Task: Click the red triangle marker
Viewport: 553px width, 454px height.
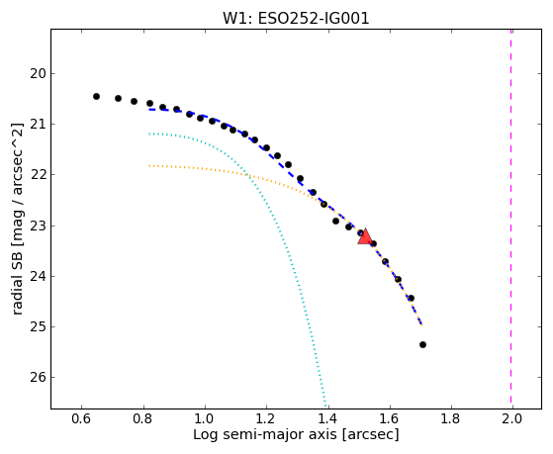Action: click(365, 237)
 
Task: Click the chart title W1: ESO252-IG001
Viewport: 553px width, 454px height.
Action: click(296, 19)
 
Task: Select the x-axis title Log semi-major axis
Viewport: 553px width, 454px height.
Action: click(264, 434)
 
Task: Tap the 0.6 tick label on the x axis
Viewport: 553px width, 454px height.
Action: click(81, 418)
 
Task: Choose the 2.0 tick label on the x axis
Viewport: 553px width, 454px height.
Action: click(512, 418)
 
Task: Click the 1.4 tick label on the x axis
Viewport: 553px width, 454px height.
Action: click(327, 418)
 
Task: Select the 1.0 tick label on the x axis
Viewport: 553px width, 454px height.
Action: click(205, 418)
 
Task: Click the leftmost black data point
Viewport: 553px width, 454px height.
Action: click(96, 96)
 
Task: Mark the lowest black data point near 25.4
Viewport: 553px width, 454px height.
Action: click(422, 344)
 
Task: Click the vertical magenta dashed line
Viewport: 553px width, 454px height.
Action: click(511, 219)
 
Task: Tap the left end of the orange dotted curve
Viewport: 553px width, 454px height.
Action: click(149, 165)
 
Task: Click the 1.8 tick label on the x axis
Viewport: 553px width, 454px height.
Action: click(450, 418)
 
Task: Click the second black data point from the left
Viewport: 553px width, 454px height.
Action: click(118, 99)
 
